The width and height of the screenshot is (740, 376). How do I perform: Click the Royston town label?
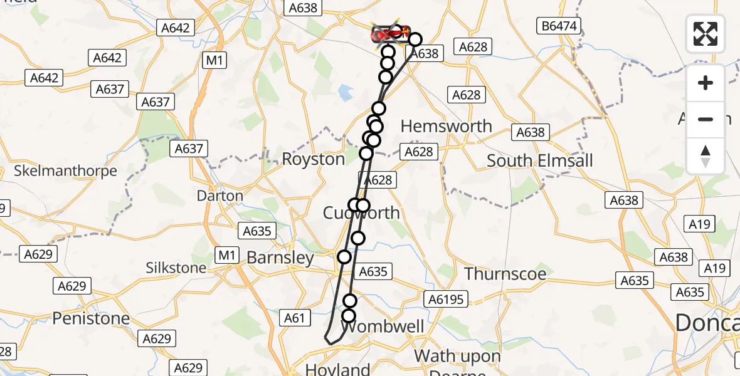click(x=314, y=159)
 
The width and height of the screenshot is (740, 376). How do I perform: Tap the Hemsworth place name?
click(x=446, y=126)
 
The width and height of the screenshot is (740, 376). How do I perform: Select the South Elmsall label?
click(x=539, y=160)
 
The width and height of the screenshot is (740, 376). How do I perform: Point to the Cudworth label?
click(x=361, y=213)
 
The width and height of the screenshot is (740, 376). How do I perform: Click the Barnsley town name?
click(x=280, y=258)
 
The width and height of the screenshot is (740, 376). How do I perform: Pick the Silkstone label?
click(x=176, y=268)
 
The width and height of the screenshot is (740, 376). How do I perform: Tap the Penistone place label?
click(x=91, y=318)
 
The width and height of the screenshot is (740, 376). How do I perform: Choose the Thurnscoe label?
click(x=505, y=274)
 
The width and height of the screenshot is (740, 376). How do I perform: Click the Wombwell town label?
click(x=383, y=327)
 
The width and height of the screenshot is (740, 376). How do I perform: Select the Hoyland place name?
click(x=338, y=368)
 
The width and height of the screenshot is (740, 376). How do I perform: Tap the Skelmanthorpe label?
click(x=66, y=170)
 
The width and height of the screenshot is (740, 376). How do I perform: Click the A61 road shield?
click(x=294, y=318)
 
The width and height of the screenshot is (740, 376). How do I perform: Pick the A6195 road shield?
click(x=446, y=300)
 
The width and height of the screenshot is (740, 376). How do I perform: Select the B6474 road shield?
click(x=560, y=26)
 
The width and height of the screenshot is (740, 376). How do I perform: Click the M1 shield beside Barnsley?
click(x=226, y=255)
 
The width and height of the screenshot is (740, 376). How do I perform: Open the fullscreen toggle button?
click(x=706, y=33)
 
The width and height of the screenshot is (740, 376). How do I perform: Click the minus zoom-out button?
click(x=706, y=119)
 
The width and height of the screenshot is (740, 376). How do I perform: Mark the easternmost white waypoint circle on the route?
click(x=415, y=39)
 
